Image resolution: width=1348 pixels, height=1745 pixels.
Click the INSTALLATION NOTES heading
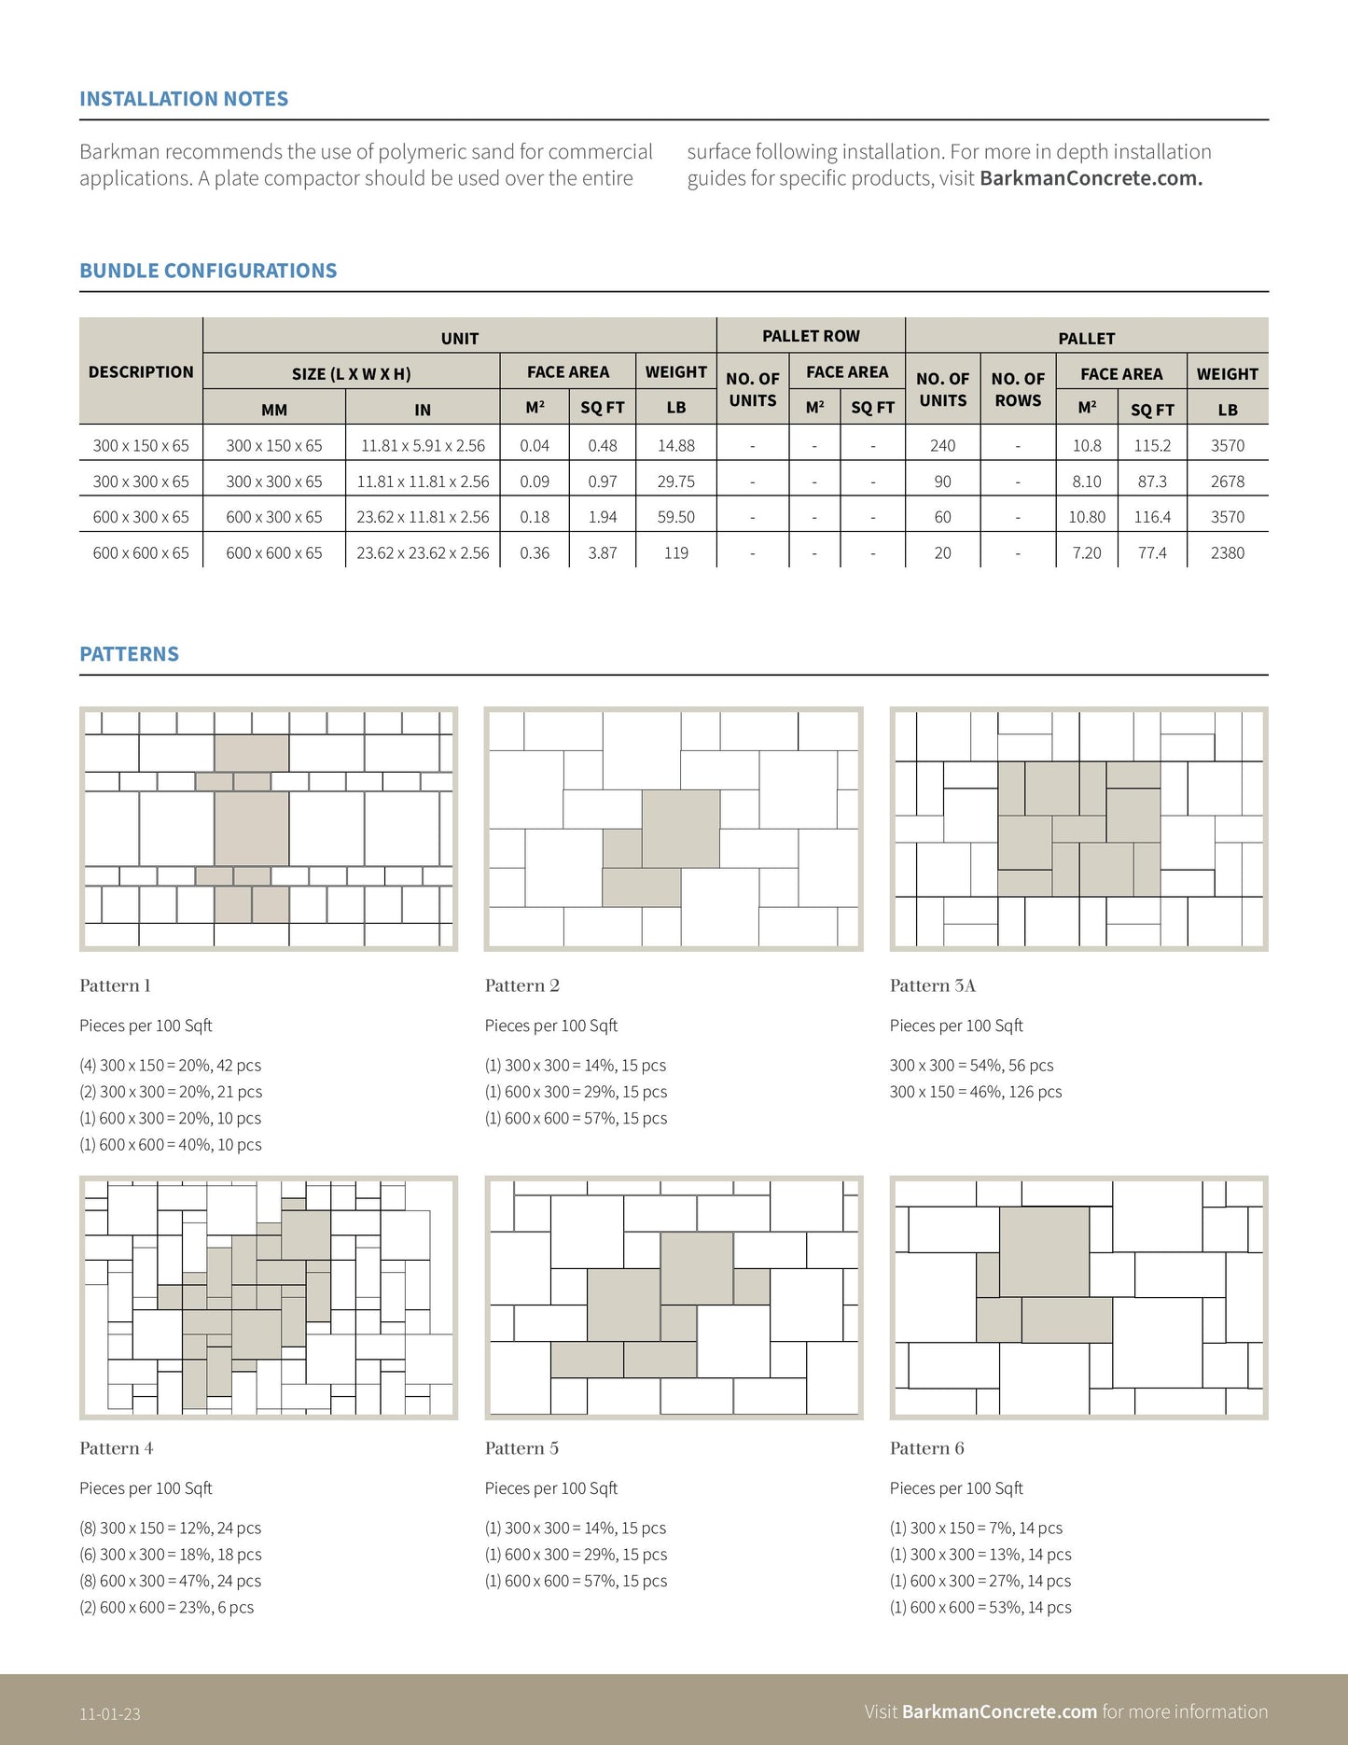184,99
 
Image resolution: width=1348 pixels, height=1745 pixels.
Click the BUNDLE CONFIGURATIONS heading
208,271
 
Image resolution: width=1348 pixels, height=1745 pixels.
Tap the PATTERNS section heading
129,654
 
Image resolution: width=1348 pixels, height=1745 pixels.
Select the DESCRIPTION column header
141,371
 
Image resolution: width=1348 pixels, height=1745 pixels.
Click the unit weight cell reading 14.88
675,446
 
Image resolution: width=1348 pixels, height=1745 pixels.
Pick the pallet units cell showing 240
942,446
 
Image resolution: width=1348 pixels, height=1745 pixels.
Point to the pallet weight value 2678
1227,482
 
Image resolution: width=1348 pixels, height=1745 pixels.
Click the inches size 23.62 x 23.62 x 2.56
423,553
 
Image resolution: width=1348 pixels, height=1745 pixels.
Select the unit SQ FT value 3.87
602,553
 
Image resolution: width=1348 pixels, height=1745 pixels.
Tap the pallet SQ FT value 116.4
1152,517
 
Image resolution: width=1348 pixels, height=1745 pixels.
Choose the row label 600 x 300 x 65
141,517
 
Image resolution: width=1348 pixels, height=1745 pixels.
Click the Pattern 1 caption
115,985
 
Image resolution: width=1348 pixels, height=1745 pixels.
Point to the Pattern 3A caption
932,985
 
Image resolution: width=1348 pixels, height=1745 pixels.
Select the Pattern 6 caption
926,1448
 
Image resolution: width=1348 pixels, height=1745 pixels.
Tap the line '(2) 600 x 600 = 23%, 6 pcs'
166,1608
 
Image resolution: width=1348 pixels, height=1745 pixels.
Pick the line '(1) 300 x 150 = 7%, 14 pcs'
976,1529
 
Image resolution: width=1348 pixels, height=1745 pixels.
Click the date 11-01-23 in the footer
110,1713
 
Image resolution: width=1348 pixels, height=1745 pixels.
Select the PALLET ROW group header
811,336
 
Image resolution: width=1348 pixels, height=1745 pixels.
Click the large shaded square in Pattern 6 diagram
1044,1251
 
